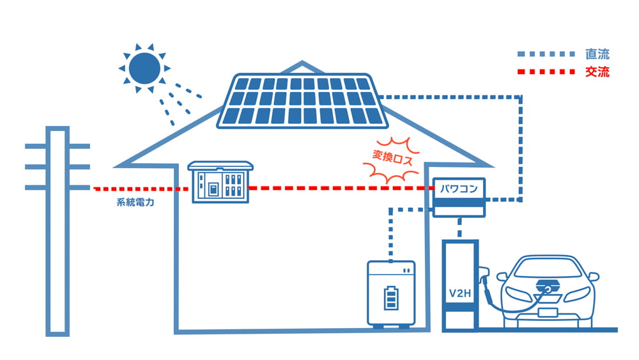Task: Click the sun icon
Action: [144, 67]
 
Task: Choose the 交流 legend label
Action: [597, 72]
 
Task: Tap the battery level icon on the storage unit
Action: [390, 298]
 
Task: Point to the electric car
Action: [547, 291]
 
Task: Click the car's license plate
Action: [548, 313]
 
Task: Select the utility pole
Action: [58, 230]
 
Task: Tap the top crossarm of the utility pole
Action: [58, 146]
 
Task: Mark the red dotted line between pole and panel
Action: [141, 189]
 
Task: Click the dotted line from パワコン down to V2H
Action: [459, 227]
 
